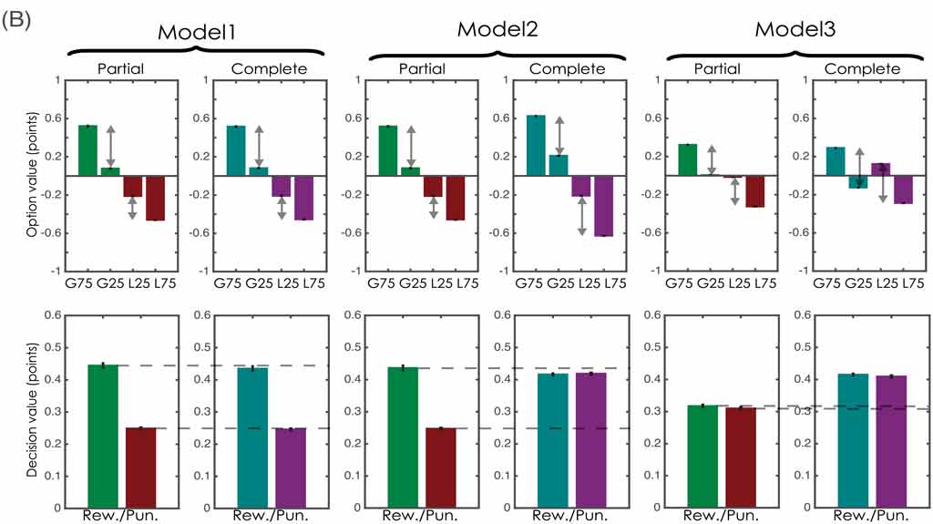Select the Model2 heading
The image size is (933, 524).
[497, 30]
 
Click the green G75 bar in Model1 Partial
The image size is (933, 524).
[87, 149]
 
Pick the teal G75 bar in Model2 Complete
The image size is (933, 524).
[534, 145]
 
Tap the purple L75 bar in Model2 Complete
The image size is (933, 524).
[603, 205]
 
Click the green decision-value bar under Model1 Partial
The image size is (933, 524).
[102, 436]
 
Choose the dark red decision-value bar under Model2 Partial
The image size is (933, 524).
[440, 467]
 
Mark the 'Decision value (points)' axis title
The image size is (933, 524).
[32, 412]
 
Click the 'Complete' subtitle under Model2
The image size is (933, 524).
[567, 69]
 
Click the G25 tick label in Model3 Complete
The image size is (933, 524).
[856, 281]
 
